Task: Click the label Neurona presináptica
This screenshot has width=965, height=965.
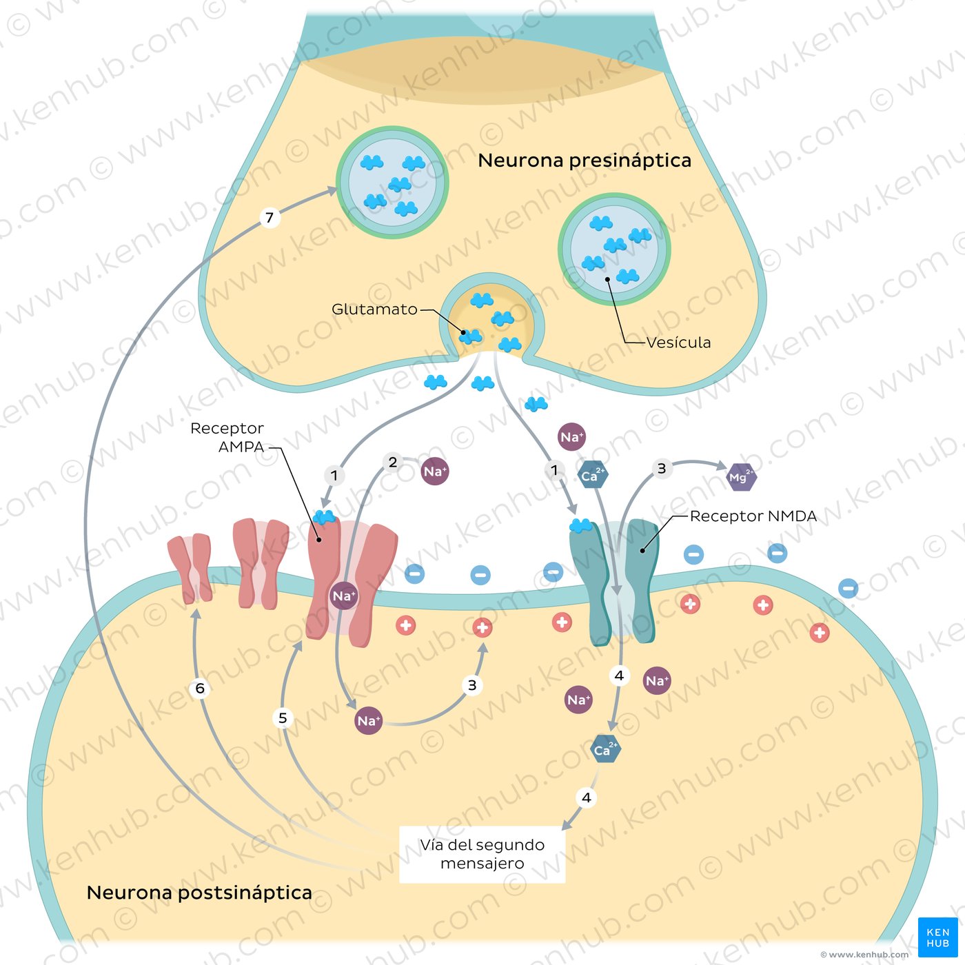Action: coord(584,161)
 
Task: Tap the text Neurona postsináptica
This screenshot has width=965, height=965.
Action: coord(199,893)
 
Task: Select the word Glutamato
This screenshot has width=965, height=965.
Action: coord(374,309)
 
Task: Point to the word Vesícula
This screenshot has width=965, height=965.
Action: coord(678,343)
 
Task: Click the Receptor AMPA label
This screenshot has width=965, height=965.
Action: coord(227,437)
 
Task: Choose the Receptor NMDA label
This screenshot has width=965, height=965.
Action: coord(753,516)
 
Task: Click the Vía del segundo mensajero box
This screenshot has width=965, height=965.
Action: coord(482,854)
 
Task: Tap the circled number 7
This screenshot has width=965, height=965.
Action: coord(270,218)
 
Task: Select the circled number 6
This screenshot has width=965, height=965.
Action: coord(200,688)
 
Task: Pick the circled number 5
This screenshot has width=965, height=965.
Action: coord(283,718)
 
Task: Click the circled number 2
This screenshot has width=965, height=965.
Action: coord(393,462)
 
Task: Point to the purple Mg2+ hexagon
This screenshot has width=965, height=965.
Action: coord(741,477)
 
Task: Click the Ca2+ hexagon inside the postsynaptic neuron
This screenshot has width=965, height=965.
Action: coord(605,749)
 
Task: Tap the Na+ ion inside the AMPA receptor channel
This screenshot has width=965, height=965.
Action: coord(343,596)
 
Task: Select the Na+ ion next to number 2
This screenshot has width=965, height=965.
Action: coord(435,471)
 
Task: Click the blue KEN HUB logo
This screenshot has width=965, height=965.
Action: coord(937,937)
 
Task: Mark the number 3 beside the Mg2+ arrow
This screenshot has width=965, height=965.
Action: coord(662,469)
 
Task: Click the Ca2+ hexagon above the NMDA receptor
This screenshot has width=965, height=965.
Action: coord(592,475)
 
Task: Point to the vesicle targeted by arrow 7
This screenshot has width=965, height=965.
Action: coord(392,182)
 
